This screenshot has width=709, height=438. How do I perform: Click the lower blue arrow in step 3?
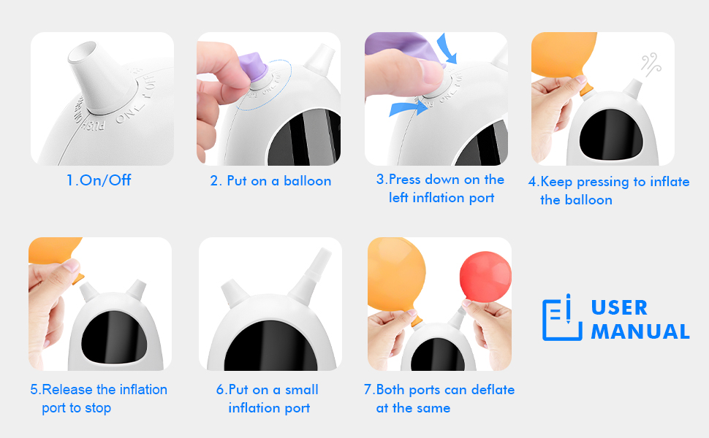[406, 109]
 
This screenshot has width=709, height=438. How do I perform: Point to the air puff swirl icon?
[651, 64]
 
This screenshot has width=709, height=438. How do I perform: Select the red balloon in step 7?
[485, 277]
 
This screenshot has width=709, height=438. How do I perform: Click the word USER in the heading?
[619, 307]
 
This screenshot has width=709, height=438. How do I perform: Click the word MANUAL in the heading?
[640, 331]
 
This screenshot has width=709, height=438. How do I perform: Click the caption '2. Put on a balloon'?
[270, 181]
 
